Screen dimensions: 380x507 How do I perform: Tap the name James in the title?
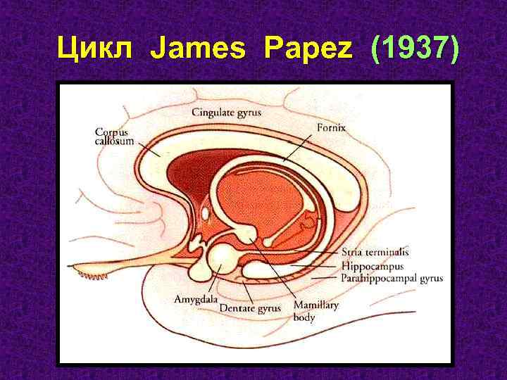[202, 50]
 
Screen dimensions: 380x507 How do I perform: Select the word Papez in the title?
[311, 50]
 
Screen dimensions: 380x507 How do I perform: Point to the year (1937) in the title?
[412, 50]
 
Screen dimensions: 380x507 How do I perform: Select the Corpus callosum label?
[113, 137]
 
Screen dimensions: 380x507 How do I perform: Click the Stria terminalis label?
[375, 251]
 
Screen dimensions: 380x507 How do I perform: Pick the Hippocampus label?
[372, 266]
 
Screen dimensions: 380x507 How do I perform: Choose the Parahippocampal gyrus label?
[392, 279]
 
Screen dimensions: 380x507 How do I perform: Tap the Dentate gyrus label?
[250, 308]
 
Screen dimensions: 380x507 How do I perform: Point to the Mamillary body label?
[315, 310]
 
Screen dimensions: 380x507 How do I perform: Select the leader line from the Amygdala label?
[210, 280]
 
